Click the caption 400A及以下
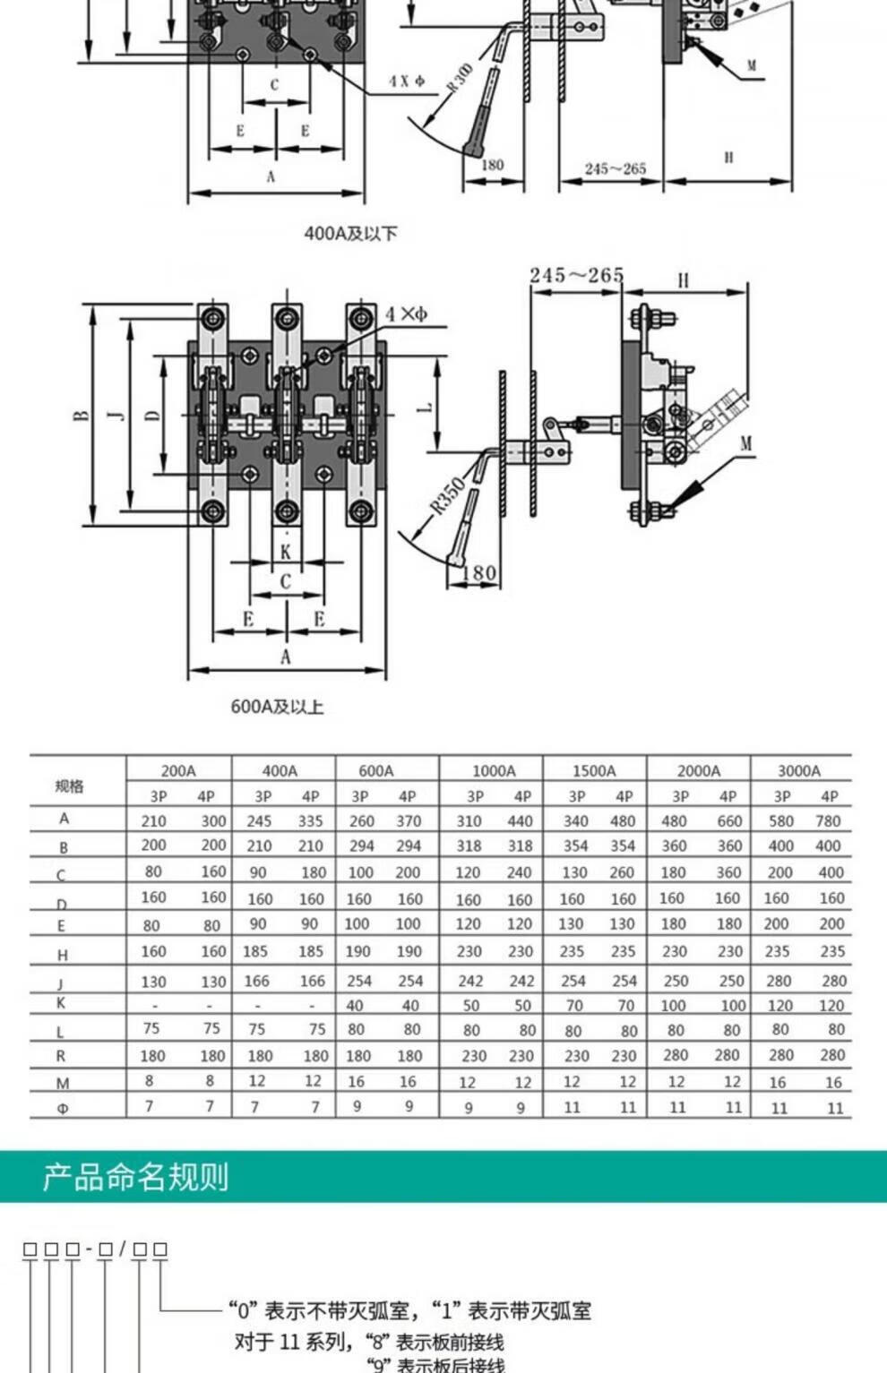(x=350, y=234)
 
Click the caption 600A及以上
(x=277, y=707)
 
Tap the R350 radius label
(x=447, y=495)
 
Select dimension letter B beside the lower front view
(x=82, y=415)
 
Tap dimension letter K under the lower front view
(x=286, y=552)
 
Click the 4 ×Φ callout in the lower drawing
(x=407, y=313)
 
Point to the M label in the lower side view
(x=746, y=443)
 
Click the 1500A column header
(x=594, y=770)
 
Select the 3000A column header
(x=799, y=770)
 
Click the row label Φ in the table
(x=63, y=1108)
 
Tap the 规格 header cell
(x=69, y=785)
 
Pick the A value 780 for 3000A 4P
(x=828, y=820)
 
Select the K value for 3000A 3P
(x=778, y=1006)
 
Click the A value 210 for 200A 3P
(x=154, y=820)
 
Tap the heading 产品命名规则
(x=135, y=1177)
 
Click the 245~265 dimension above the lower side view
(x=576, y=275)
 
